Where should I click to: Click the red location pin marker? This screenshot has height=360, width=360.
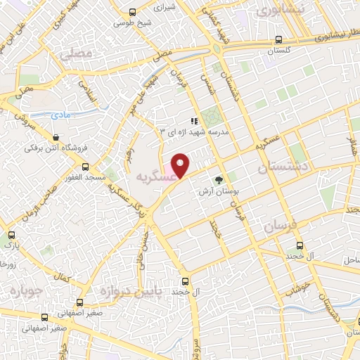(x=181, y=166)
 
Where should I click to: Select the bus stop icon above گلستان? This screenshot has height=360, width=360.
(x=279, y=40)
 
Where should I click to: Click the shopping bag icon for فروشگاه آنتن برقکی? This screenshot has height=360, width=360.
(x=56, y=136)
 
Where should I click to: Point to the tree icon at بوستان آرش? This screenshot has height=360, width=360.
(x=218, y=179)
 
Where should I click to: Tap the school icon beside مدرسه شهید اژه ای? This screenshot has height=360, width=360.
(x=193, y=121)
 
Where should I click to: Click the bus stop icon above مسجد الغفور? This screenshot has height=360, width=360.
(x=85, y=167)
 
